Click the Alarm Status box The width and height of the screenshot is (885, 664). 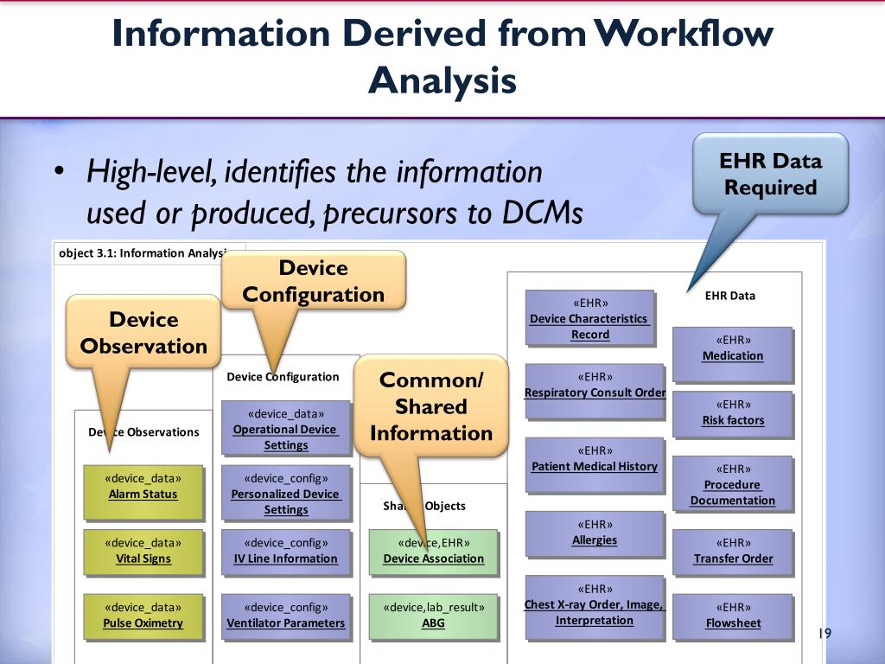click(143, 486)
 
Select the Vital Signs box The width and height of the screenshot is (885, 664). click(143, 551)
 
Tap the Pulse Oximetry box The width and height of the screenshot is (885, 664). click(143, 615)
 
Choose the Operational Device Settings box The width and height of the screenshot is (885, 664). click(285, 429)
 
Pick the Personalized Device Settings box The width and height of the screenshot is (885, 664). click(285, 494)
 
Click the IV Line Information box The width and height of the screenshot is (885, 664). click(285, 551)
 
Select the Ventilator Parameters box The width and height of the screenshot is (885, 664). click(285, 615)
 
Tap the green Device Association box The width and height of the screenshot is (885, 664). click(433, 551)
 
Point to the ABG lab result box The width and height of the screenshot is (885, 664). click(433, 615)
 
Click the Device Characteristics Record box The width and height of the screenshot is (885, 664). click(590, 318)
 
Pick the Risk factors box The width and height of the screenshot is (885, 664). click(733, 413)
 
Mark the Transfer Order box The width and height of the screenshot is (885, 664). click(733, 551)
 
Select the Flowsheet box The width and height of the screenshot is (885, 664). click(733, 615)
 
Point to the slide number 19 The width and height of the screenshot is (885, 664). click(824, 635)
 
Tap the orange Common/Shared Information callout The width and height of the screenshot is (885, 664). click(430, 406)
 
